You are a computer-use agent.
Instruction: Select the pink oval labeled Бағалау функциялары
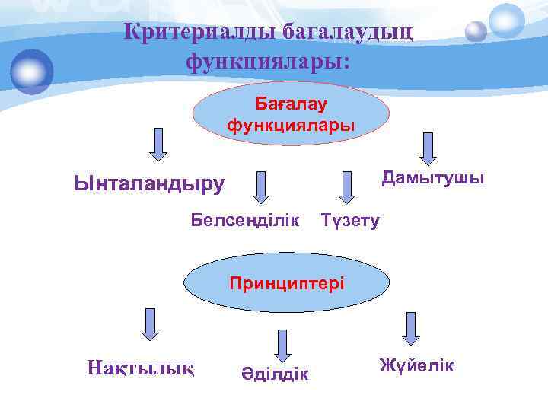pos(291,113)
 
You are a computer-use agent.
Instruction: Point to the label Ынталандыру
pos(150,183)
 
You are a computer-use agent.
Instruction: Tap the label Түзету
pos(350,221)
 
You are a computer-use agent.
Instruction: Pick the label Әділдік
pos(276,373)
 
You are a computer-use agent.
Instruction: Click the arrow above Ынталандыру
pos(158,145)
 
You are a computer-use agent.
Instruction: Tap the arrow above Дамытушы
pos(429,148)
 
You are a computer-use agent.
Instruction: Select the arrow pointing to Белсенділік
pos(262,187)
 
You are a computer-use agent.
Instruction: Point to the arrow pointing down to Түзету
pos(347,187)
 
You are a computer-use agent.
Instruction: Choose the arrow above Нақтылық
pos(149,323)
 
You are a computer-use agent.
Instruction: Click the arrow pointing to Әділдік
pos(283,345)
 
